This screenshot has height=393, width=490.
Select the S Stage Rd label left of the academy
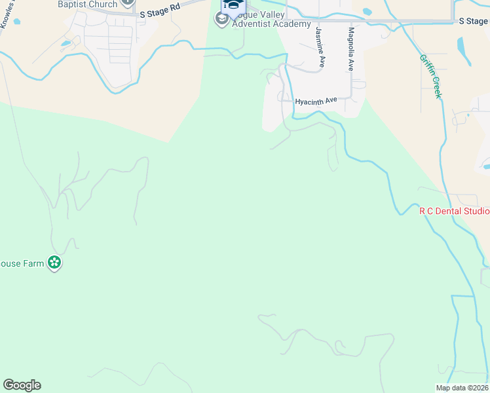pyautogui.click(x=159, y=9)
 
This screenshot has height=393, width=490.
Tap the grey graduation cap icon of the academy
pyautogui.click(x=222, y=20)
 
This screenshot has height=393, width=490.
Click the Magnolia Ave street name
pyautogui.click(x=351, y=49)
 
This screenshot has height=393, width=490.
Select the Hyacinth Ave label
pyautogui.click(x=316, y=101)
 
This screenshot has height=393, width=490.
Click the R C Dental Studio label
pyautogui.click(x=455, y=211)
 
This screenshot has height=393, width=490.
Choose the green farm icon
pyautogui.click(x=54, y=263)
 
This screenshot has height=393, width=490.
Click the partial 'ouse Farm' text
pyautogui.click(x=22, y=263)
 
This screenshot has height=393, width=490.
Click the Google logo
pyautogui.click(x=22, y=385)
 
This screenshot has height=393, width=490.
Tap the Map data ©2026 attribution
pyautogui.click(x=462, y=388)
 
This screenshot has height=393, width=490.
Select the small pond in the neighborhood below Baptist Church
pyautogui.click(x=66, y=45)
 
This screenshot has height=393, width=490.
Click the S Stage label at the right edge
pyautogui.click(x=474, y=21)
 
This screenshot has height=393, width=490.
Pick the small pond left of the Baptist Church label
pyautogui.click(x=16, y=22)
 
